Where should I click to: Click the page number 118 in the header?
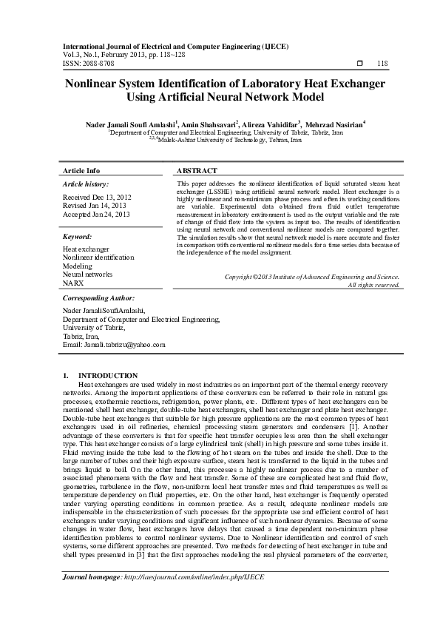pyautogui.click(x=382, y=64)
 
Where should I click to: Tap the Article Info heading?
pyautogui.click(x=82, y=170)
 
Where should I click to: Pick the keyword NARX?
pyautogui.click(x=73, y=283)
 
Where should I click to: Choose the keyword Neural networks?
pyautogui.click(x=87, y=274)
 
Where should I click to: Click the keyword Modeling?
pyautogui.click(x=77, y=266)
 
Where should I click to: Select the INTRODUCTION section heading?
pyautogui.click(x=107, y=376)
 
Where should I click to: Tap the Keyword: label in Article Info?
pyautogui.click(x=77, y=236)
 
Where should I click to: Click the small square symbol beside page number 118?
pyautogui.click(x=359, y=64)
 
